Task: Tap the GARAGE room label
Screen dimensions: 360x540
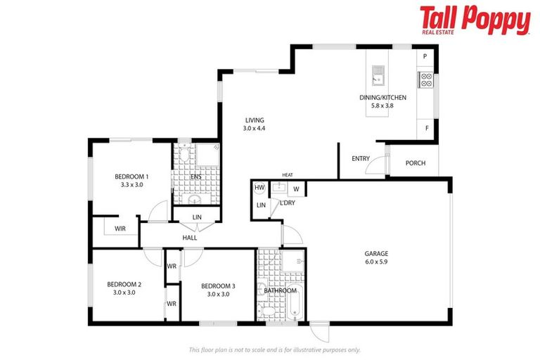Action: point(376,253)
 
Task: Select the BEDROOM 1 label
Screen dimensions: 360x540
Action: point(132,176)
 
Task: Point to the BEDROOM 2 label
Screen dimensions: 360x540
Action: point(124,284)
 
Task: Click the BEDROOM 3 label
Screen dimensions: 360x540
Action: point(218,285)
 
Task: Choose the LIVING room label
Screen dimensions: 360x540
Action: point(255,120)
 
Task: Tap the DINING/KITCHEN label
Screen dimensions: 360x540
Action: point(376,98)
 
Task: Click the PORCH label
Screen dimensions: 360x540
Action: point(416,163)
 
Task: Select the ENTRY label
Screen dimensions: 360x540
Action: point(361,158)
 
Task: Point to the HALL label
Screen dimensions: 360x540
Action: point(190,238)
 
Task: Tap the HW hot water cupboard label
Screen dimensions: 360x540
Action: point(259,188)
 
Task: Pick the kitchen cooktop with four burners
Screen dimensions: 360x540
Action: point(425,79)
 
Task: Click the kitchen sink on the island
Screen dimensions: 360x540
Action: point(378,71)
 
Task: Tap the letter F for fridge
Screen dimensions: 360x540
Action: point(426,128)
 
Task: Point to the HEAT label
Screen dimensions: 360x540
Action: point(287,175)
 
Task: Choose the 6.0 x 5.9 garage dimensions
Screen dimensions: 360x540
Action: point(376,262)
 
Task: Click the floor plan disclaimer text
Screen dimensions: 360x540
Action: point(274,349)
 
